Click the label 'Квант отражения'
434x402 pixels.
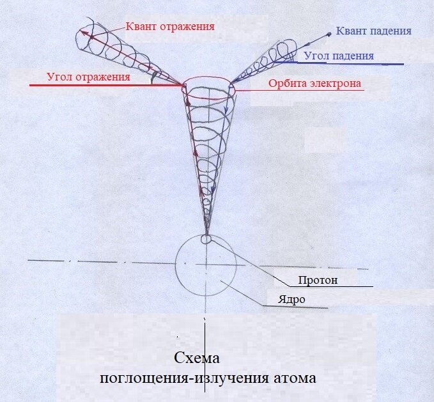[169, 26]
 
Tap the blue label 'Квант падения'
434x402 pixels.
[373, 31]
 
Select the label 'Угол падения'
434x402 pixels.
[339, 56]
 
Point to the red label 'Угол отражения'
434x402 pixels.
[88, 77]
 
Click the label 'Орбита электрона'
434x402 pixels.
[315, 83]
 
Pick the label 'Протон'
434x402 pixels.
[317, 280]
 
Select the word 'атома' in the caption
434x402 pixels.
[294, 378]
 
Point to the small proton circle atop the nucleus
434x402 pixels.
[206, 239]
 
